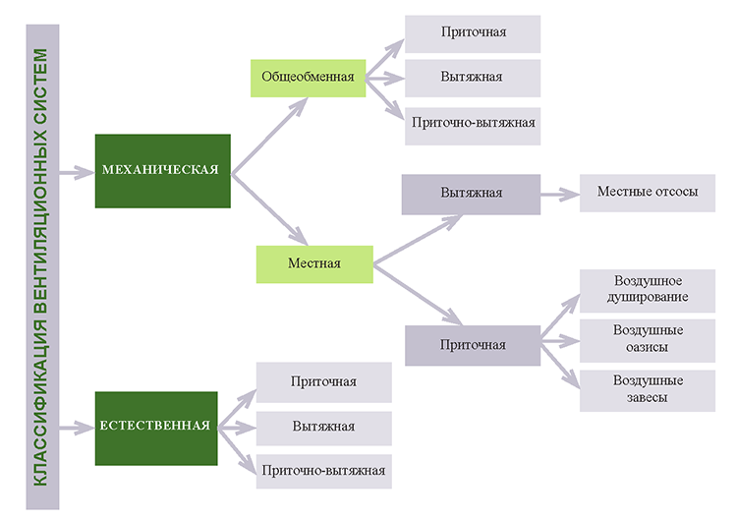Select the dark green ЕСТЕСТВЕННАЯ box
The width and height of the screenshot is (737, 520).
point(155,427)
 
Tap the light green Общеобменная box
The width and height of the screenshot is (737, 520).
point(308,77)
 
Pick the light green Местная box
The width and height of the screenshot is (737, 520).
point(314,263)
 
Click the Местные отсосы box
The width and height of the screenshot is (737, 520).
point(648,193)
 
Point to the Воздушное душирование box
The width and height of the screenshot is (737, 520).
point(648,289)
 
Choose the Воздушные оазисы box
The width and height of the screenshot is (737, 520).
point(648,339)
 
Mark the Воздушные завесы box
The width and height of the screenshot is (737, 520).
point(648,390)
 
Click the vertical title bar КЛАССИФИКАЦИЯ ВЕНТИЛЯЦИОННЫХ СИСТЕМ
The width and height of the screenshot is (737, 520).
point(43,266)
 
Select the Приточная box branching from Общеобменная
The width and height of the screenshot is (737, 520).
point(473,33)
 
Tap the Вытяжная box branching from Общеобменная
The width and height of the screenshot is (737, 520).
point(473,78)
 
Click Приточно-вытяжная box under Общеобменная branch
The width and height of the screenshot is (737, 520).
point(473,124)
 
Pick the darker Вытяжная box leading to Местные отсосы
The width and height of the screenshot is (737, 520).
point(471,194)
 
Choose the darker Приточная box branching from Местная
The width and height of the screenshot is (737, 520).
point(473,345)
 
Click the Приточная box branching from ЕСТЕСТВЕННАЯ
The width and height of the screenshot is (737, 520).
point(323,381)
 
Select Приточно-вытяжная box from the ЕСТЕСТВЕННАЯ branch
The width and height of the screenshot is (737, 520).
point(323,471)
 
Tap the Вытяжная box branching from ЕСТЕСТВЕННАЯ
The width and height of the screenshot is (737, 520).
point(323,427)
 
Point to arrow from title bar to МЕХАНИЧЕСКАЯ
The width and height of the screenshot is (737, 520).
point(77,173)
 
